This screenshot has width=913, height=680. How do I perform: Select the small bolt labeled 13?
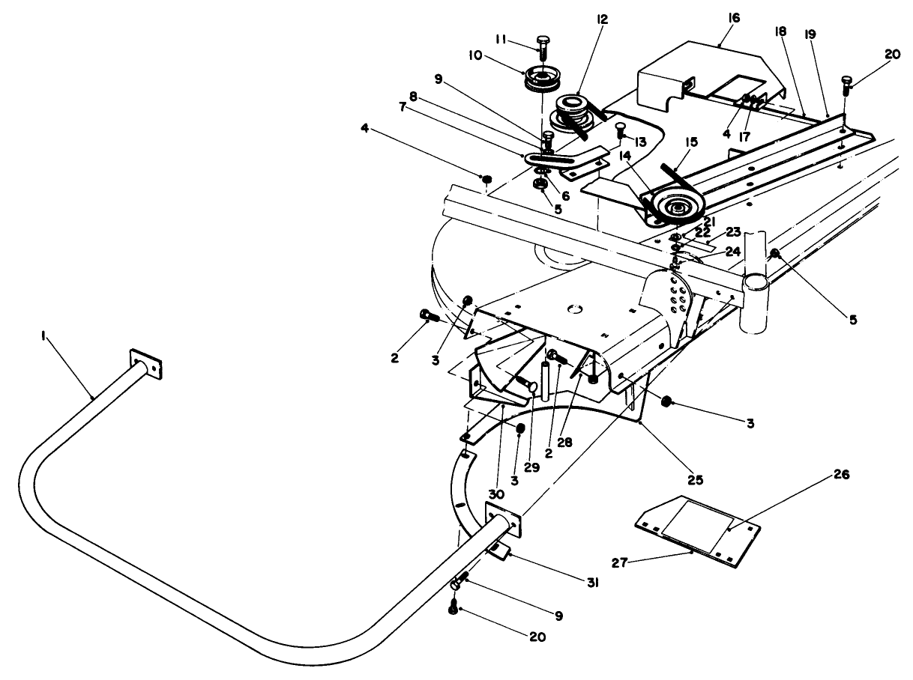pos(620,129)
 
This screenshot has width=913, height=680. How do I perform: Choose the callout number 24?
pos(733,252)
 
